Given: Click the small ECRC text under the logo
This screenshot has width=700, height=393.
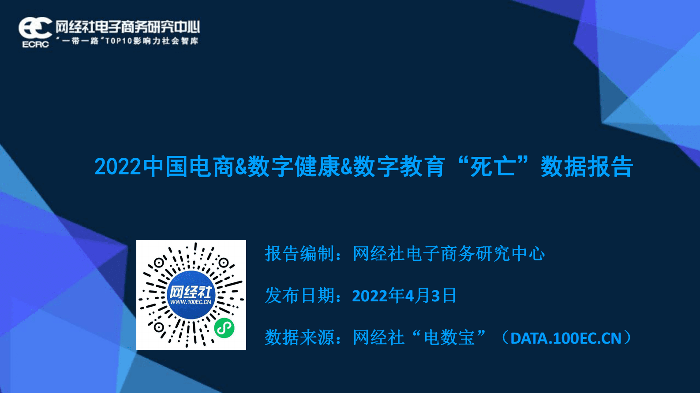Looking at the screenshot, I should (35, 44).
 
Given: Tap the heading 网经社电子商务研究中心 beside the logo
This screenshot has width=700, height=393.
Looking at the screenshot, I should (127, 27).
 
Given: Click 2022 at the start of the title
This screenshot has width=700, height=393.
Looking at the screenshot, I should (117, 167).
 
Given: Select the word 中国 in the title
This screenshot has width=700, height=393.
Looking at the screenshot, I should (165, 167).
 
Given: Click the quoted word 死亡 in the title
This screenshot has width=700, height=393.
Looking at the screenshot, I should (493, 167).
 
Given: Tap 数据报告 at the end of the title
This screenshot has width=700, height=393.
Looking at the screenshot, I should (587, 167).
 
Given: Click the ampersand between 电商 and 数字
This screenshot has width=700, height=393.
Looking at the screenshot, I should (241, 167).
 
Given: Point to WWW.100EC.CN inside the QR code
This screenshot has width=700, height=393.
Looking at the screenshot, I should (191, 302).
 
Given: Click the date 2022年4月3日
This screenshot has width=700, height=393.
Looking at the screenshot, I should (404, 296).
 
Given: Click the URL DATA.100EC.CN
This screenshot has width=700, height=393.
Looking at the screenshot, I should (566, 338).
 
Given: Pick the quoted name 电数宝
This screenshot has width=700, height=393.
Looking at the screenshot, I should (449, 338).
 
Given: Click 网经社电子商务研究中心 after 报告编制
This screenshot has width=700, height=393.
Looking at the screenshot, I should (449, 254).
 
